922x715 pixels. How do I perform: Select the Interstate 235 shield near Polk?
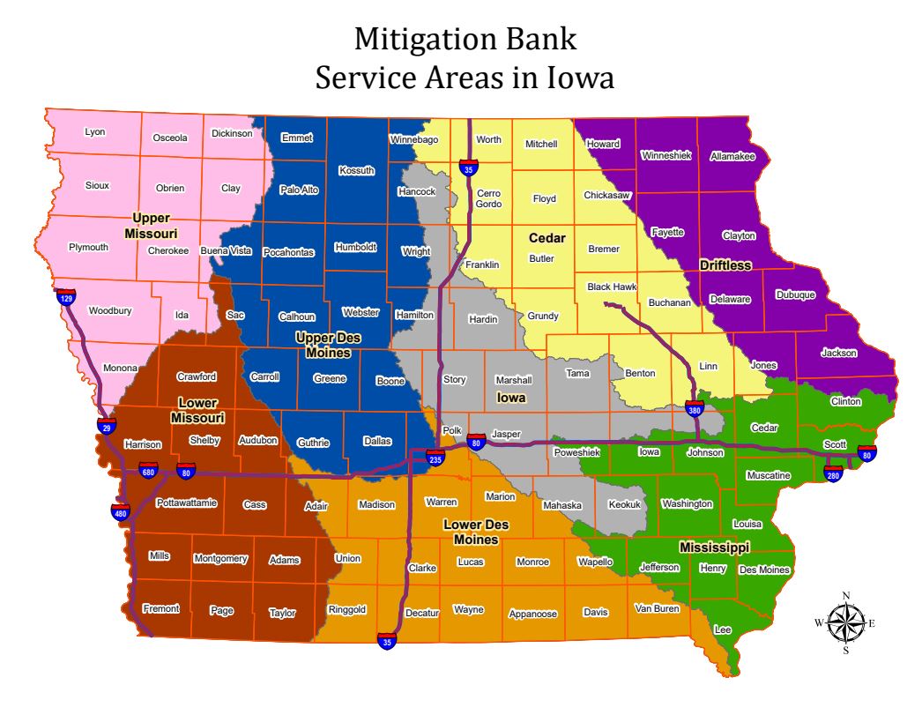pos(435,458)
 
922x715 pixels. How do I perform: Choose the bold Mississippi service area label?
pos(714,547)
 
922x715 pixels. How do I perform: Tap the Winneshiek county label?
pos(665,155)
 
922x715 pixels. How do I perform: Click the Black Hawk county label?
pos(612,287)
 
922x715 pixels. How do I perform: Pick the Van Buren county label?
pos(657,608)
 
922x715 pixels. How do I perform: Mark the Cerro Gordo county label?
pos(488,198)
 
